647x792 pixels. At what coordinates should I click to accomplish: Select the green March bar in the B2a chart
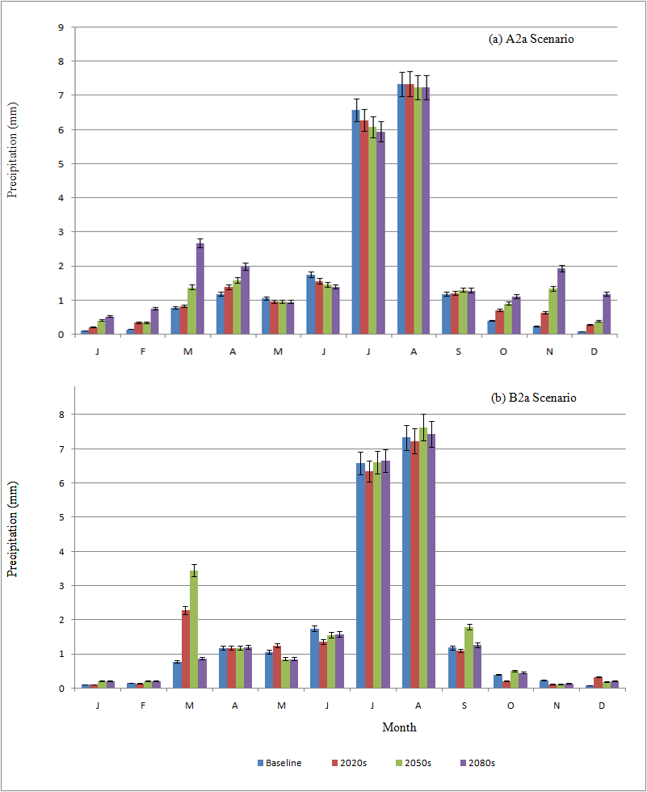[194, 630]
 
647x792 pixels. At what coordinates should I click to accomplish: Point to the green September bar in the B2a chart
[468, 657]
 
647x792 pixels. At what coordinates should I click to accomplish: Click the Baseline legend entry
[279, 762]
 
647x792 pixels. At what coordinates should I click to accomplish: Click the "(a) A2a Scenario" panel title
[531, 39]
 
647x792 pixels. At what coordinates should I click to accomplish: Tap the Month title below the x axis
[399, 727]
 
